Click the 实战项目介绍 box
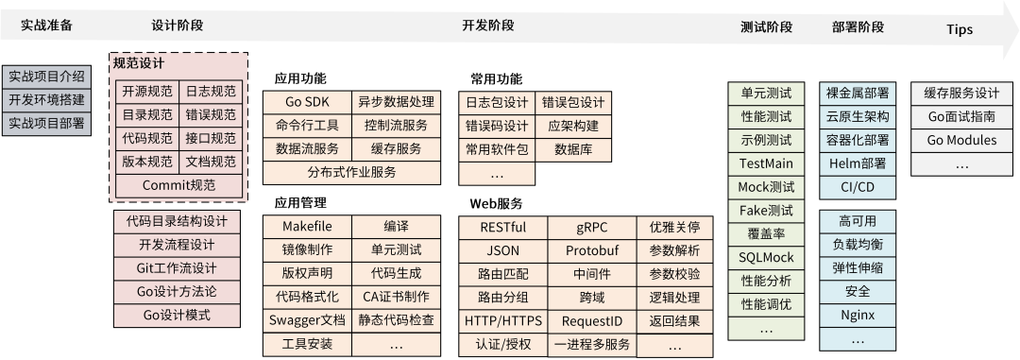(x=46, y=76)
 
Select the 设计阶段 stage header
(x=177, y=26)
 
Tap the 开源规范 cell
(x=147, y=92)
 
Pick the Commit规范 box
(x=178, y=185)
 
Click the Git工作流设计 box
(x=177, y=268)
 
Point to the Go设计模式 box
(x=177, y=315)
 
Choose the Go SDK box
(x=307, y=101)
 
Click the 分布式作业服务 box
(x=351, y=172)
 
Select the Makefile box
(x=307, y=227)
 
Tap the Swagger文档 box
(x=307, y=319)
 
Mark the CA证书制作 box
(x=396, y=297)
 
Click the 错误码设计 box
(x=496, y=126)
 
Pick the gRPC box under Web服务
(x=592, y=228)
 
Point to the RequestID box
(x=592, y=320)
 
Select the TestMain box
(x=766, y=163)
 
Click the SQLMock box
(x=766, y=257)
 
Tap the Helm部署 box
(x=857, y=163)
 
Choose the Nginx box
(x=857, y=315)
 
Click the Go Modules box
(x=961, y=140)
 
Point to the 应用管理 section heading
(x=300, y=202)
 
